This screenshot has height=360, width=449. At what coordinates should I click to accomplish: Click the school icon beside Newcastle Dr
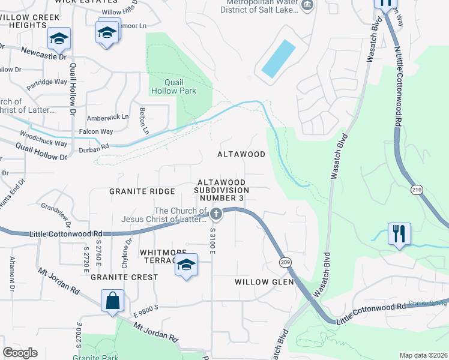[59, 38]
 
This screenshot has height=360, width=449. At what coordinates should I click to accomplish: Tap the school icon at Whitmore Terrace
[187, 265]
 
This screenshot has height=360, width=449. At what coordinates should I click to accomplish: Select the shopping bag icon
[113, 301]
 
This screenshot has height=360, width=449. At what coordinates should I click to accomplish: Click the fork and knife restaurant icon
[400, 233]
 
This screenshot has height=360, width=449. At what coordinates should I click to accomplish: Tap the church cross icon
[216, 214]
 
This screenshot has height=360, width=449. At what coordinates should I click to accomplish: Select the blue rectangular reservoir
[279, 58]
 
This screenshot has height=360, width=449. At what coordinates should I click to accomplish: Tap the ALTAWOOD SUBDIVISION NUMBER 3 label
[222, 190]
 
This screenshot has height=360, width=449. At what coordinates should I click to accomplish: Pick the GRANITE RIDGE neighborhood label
[142, 191]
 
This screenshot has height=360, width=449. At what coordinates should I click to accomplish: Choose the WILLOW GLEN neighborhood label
[264, 282]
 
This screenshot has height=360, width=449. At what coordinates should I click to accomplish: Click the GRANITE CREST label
[124, 277]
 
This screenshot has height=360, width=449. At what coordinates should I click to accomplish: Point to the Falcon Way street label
[96, 131]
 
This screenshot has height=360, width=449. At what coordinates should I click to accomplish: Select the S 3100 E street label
[212, 239]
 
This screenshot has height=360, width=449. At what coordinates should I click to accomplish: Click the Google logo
[20, 353]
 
